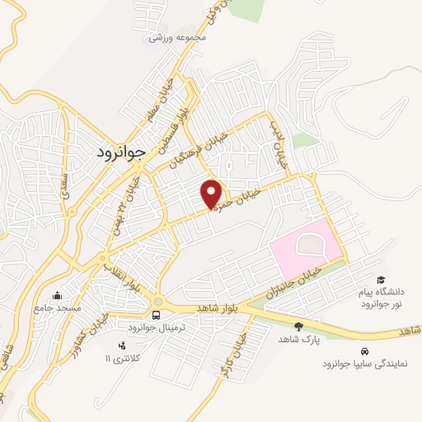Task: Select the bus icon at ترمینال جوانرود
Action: pos(157,315)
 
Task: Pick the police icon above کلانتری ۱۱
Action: pos(122,345)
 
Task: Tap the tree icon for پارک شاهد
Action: pos(298,326)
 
